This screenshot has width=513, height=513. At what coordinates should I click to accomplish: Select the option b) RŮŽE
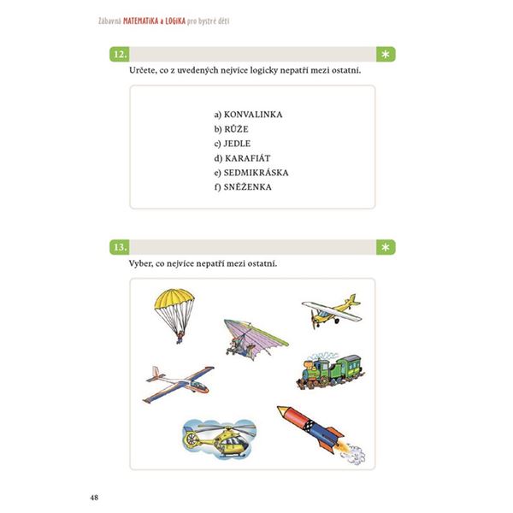232,128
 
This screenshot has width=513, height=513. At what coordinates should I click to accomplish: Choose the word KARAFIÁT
249,157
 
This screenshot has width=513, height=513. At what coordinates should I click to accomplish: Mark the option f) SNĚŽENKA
243,186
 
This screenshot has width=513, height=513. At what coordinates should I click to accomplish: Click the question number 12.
121,55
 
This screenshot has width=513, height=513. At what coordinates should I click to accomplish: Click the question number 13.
121,247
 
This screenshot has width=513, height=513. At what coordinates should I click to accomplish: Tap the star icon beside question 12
387,55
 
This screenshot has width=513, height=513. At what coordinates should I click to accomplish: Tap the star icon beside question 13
387,247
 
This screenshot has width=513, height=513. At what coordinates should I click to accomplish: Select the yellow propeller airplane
330,310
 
